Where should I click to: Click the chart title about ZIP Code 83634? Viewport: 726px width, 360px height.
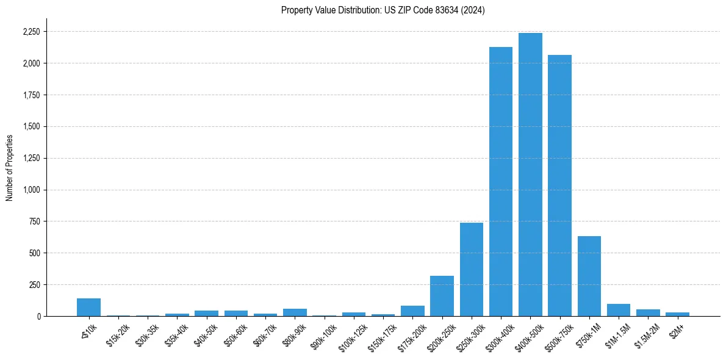tap(383, 10)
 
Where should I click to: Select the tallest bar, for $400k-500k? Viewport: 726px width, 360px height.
tap(530, 175)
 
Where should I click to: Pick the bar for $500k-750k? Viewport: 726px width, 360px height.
tap(559, 185)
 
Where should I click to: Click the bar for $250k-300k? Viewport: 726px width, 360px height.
tap(472, 269)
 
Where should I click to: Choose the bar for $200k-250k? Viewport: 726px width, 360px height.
tap(442, 296)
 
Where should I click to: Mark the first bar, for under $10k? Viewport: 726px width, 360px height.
tap(88, 307)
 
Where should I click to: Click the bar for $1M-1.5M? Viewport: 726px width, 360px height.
tap(619, 310)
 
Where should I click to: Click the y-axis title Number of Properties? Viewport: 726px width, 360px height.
tap(10, 167)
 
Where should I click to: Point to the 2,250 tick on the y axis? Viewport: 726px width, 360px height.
tap(32, 32)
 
